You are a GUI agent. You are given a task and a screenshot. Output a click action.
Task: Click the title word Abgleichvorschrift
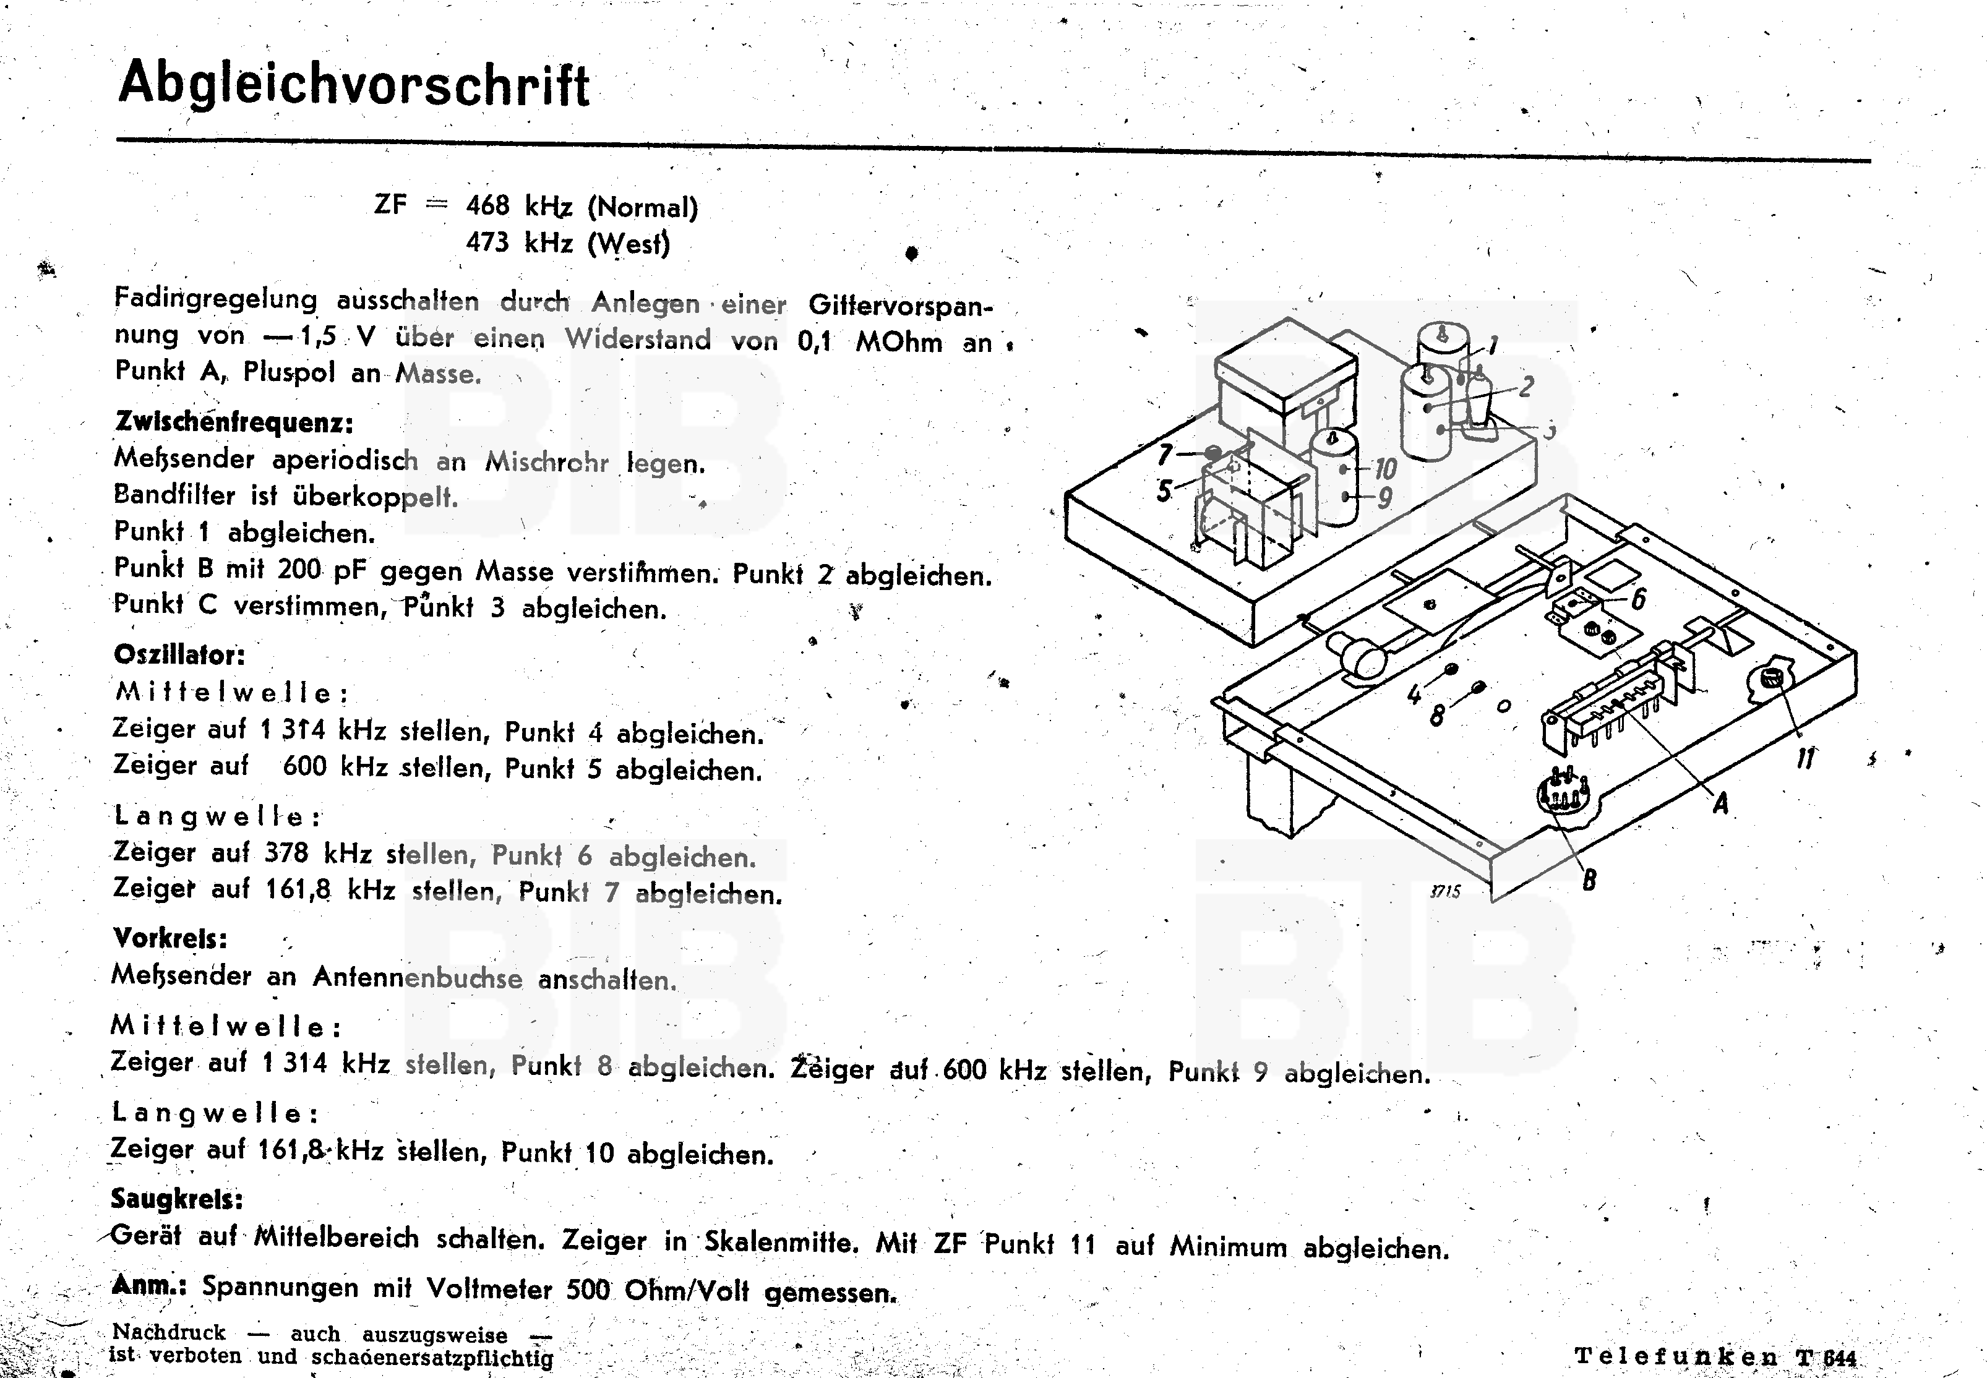353,87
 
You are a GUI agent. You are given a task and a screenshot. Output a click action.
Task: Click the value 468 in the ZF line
488,207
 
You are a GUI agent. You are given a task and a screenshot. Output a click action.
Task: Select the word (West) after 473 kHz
628,244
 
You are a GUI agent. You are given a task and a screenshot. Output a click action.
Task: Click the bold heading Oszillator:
179,654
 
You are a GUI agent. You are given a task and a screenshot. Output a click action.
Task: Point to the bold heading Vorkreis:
170,938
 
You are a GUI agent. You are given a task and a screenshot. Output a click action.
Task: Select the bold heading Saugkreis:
177,1199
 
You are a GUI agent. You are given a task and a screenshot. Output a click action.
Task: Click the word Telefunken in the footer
1675,1356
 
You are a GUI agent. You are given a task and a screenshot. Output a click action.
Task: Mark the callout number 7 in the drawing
1165,454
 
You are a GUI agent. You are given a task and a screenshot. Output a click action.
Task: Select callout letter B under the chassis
1588,880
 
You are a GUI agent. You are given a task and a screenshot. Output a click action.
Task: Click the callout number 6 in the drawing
1637,597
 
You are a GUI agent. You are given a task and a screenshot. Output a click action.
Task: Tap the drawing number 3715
1444,892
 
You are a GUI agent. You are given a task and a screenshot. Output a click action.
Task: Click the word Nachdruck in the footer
168,1332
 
